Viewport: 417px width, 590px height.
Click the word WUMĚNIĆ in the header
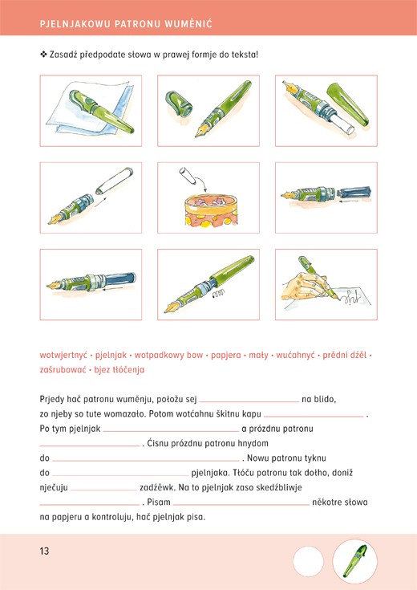(188, 24)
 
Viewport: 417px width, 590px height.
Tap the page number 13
(44, 551)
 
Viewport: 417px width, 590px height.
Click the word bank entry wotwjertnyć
(63, 355)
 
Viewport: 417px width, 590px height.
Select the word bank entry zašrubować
(63, 370)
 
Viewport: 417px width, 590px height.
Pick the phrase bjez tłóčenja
(119, 370)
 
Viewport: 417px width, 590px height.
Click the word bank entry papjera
(225, 356)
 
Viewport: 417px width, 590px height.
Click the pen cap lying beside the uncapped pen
(179, 104)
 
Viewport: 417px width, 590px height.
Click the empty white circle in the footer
(308, 561)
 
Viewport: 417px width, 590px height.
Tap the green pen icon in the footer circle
(355, 561)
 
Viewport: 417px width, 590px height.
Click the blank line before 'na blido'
(249, 402)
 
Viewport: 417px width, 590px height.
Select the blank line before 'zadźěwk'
(103, 490)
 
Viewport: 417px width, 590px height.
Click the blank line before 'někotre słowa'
(241, 505)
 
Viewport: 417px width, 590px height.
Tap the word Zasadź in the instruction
(63, 55)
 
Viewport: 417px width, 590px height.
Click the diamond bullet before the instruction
(43, 55)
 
